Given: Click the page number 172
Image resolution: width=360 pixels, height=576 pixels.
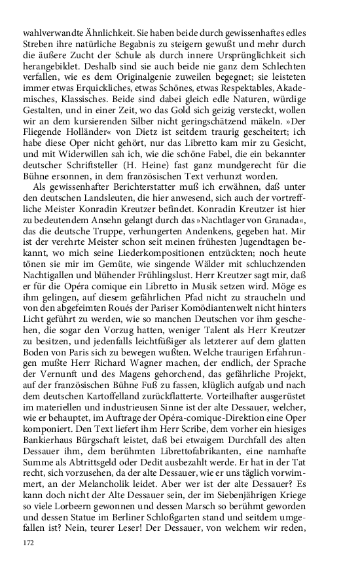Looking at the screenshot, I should (x=28, y=543).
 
